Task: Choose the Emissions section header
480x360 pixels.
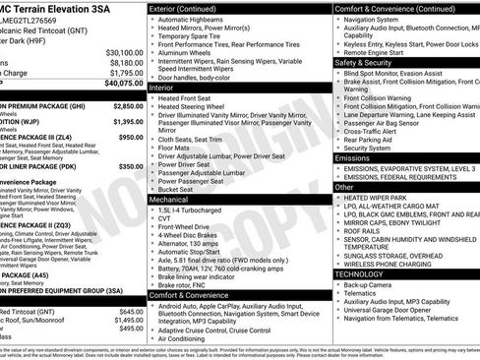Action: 353,157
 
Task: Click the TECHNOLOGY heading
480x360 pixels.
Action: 361,274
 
